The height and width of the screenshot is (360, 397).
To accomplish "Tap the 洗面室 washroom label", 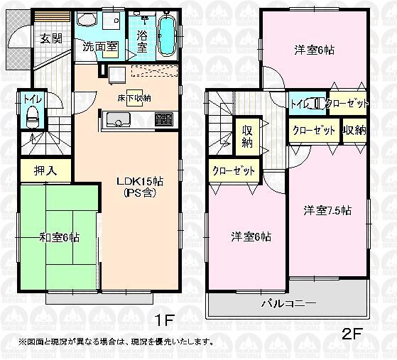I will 99,48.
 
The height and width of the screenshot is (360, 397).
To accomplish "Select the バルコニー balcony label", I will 288,303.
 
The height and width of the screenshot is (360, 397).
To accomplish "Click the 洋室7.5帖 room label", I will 327,210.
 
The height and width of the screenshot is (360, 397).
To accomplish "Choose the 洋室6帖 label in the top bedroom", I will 315,50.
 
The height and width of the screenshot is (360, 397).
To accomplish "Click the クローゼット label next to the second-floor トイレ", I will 348,104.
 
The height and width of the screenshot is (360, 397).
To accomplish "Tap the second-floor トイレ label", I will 299,104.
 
